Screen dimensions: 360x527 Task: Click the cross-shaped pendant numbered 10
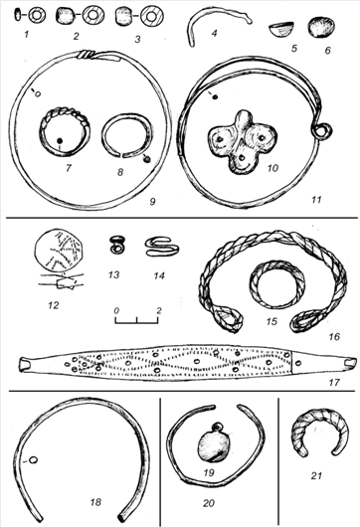[x=242, y=143]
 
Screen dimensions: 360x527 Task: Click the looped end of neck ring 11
[x=323, y=131]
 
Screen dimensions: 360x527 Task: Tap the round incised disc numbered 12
[x=58, y=251]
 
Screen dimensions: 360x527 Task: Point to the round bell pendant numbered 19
[x=214, y=445]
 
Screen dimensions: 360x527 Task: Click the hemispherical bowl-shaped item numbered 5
[x=281, y=29]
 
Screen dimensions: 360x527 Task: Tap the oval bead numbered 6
[x=321, y=28]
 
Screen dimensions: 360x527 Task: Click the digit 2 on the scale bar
[x=159, y=310]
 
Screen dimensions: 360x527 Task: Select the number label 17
[x=335, y=383]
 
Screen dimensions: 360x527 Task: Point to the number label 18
[x=95, y=502]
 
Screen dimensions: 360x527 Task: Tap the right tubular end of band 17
[x=350, y=362]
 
